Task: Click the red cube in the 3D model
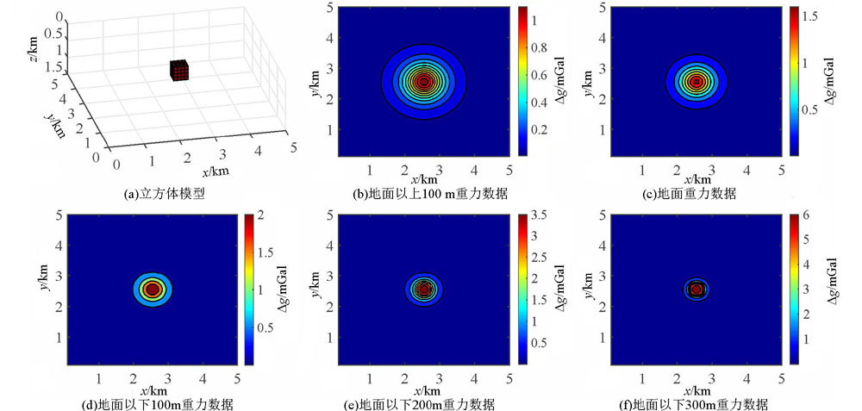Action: tap(179, 71)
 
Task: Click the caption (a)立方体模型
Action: tap(166, 194)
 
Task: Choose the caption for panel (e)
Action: tap(424, 402)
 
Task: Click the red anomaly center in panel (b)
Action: tap(424, 83)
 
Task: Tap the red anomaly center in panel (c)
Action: tap(696, 83)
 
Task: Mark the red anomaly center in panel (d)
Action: tap(152, 290)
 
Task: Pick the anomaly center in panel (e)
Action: tap(424, 290)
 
